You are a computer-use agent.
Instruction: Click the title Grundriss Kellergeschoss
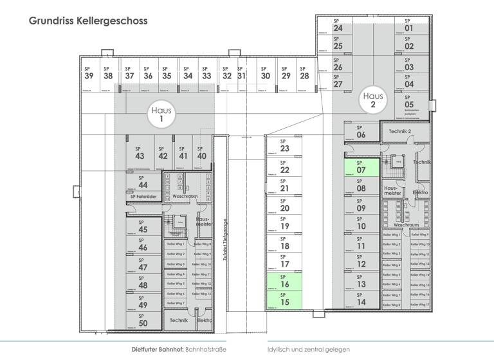[88, 21]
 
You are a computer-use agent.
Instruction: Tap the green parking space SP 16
[284, 283]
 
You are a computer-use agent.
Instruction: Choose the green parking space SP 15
[284, 300]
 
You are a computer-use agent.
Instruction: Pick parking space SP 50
[143, 321]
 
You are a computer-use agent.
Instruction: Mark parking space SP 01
[409, 28]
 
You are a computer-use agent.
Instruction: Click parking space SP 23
[284, 148]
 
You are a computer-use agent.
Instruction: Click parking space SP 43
[140, 155]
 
